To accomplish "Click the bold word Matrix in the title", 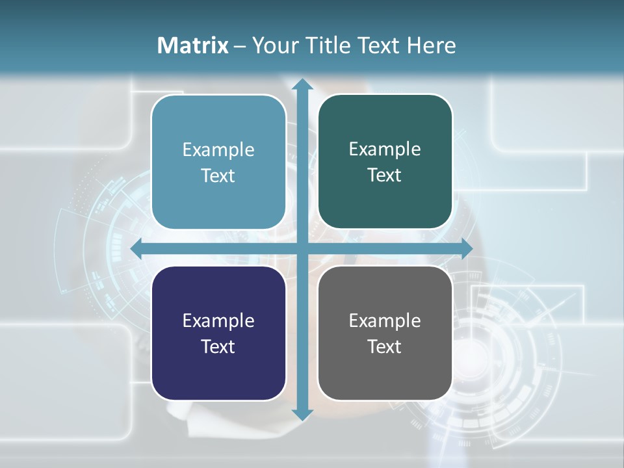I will click(193, 45).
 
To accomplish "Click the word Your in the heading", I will click(276, 45).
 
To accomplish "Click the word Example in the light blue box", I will click(218, 150).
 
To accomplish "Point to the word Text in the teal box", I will click(385, 175).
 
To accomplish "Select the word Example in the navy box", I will click(218, 321).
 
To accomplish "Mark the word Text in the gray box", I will click(385, 346).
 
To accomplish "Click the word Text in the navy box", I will click(218, 346).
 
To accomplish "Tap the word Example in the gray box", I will click(385, 321).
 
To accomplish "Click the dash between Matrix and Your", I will click(240, 46).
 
